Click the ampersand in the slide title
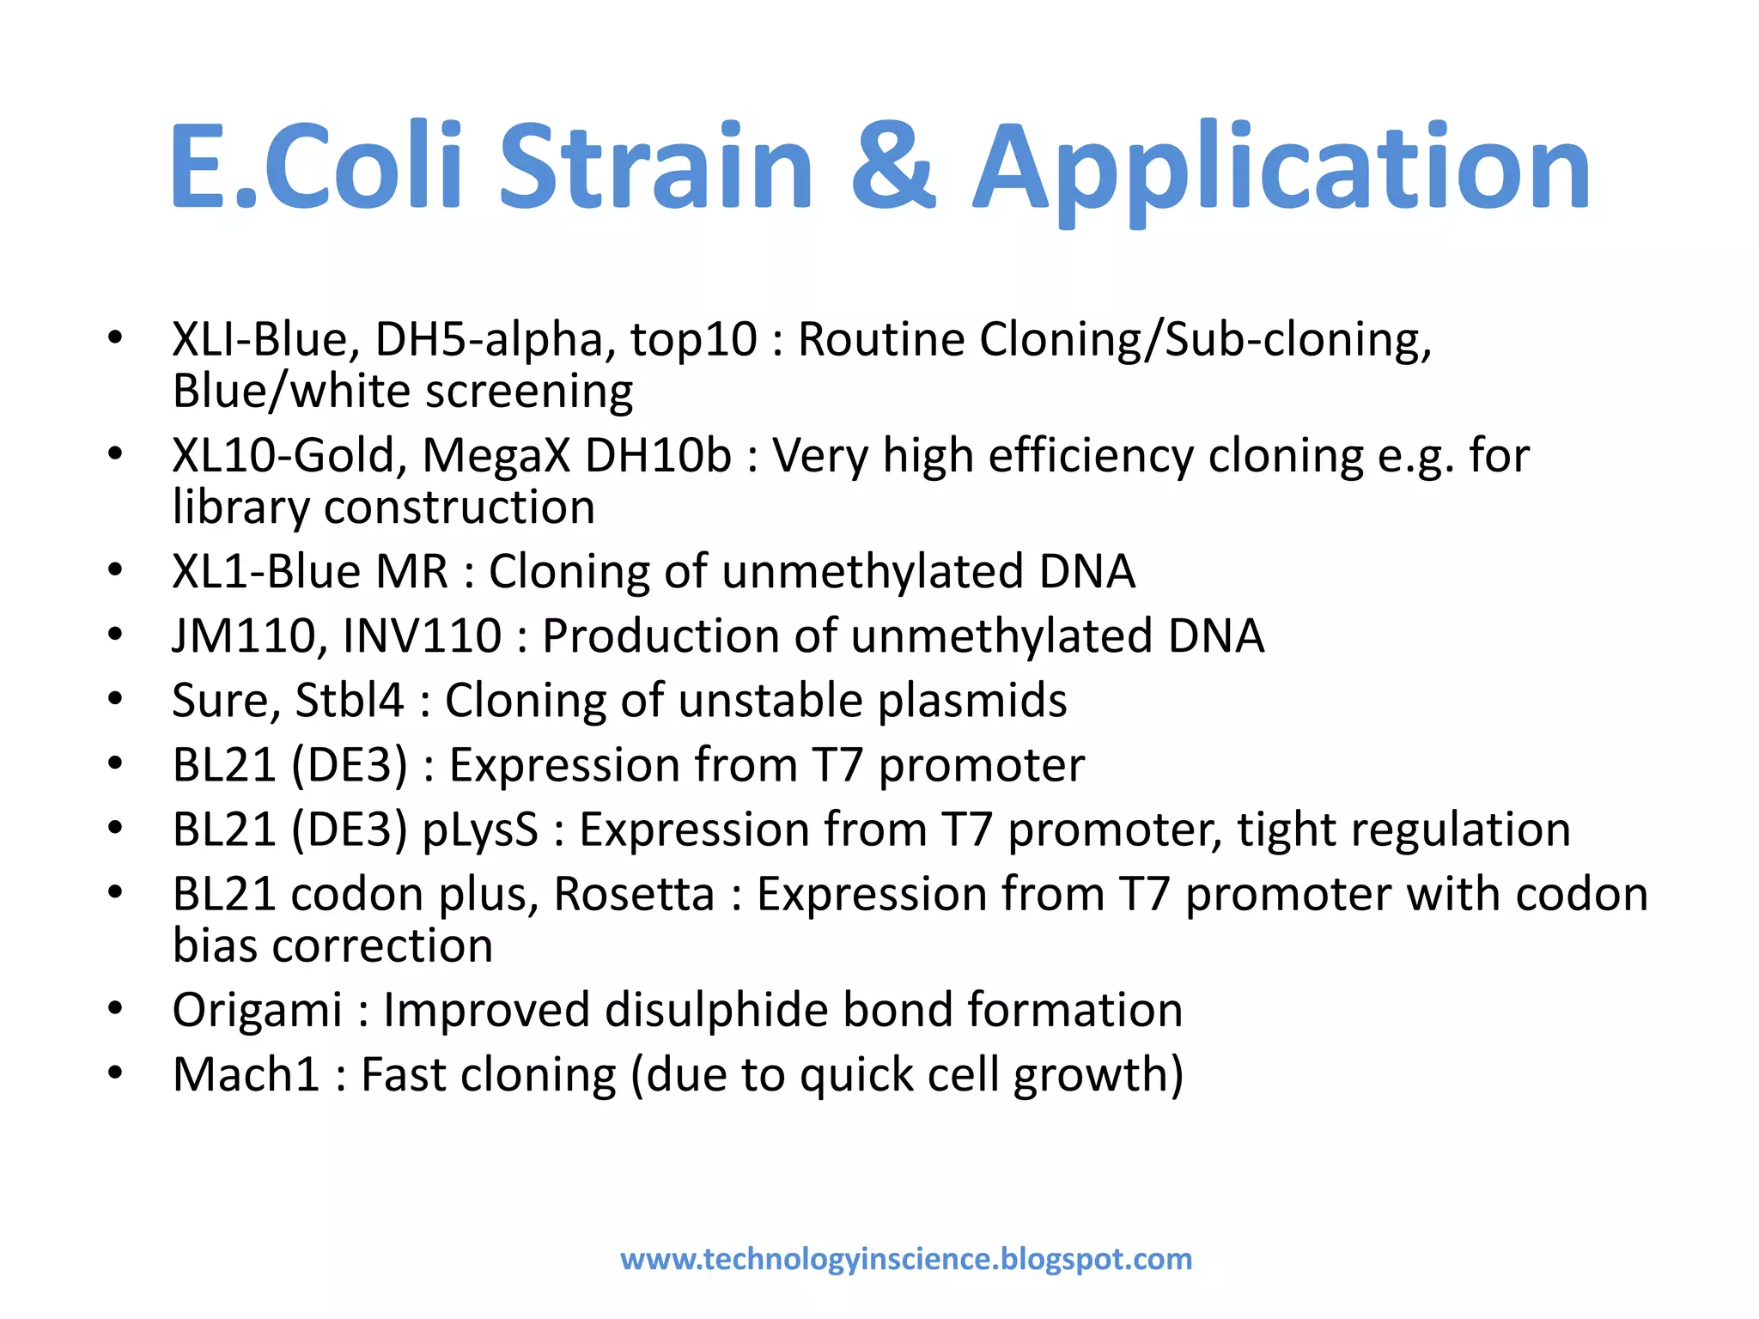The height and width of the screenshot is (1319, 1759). pyautogui.click(x=893, y=167)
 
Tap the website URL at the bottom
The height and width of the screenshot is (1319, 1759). pyautogui.click(x=906, y=1259)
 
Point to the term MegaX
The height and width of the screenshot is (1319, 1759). pyautogui.click(x=496, y=456)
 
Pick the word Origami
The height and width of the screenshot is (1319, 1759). pyautogui.click(x=257, y=1011)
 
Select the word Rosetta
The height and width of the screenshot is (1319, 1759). pyautogui.click(x=634, y=895)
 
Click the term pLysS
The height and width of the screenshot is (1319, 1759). pyautogui.click(x=480, y=830)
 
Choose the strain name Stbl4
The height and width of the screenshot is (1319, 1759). pyautogui.click(x=349, y=701)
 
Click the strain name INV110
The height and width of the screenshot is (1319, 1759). pyautogui.click(x=422, y=636)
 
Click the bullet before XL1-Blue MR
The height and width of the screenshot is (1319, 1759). pyautogui.click(x=115, y=570)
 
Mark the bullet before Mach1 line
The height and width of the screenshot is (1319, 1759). pyautogui.click(x=115, y=1073)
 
